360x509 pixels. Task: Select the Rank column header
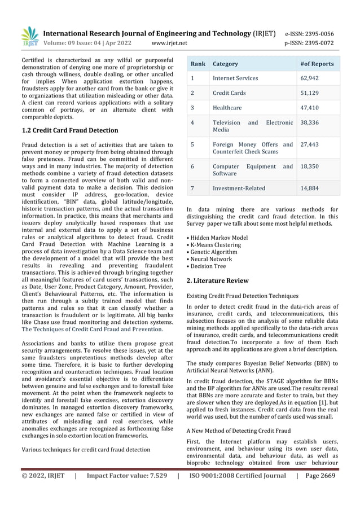point(197,64)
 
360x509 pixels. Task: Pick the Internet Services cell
point(235,78)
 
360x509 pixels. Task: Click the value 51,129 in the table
point(309,93)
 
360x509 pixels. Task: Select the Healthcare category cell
point(227,107)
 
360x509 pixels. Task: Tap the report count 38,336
point(309,121)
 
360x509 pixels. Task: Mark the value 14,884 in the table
point(309,188)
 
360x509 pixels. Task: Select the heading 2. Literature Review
point(217,280)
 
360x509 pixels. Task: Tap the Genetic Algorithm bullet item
point(213,252)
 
